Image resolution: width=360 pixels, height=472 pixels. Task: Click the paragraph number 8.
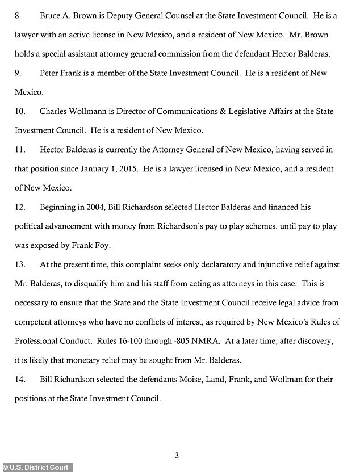point(17,15)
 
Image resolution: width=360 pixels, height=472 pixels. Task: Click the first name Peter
point(50,74)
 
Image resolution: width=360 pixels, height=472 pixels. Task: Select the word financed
point(281,208)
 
